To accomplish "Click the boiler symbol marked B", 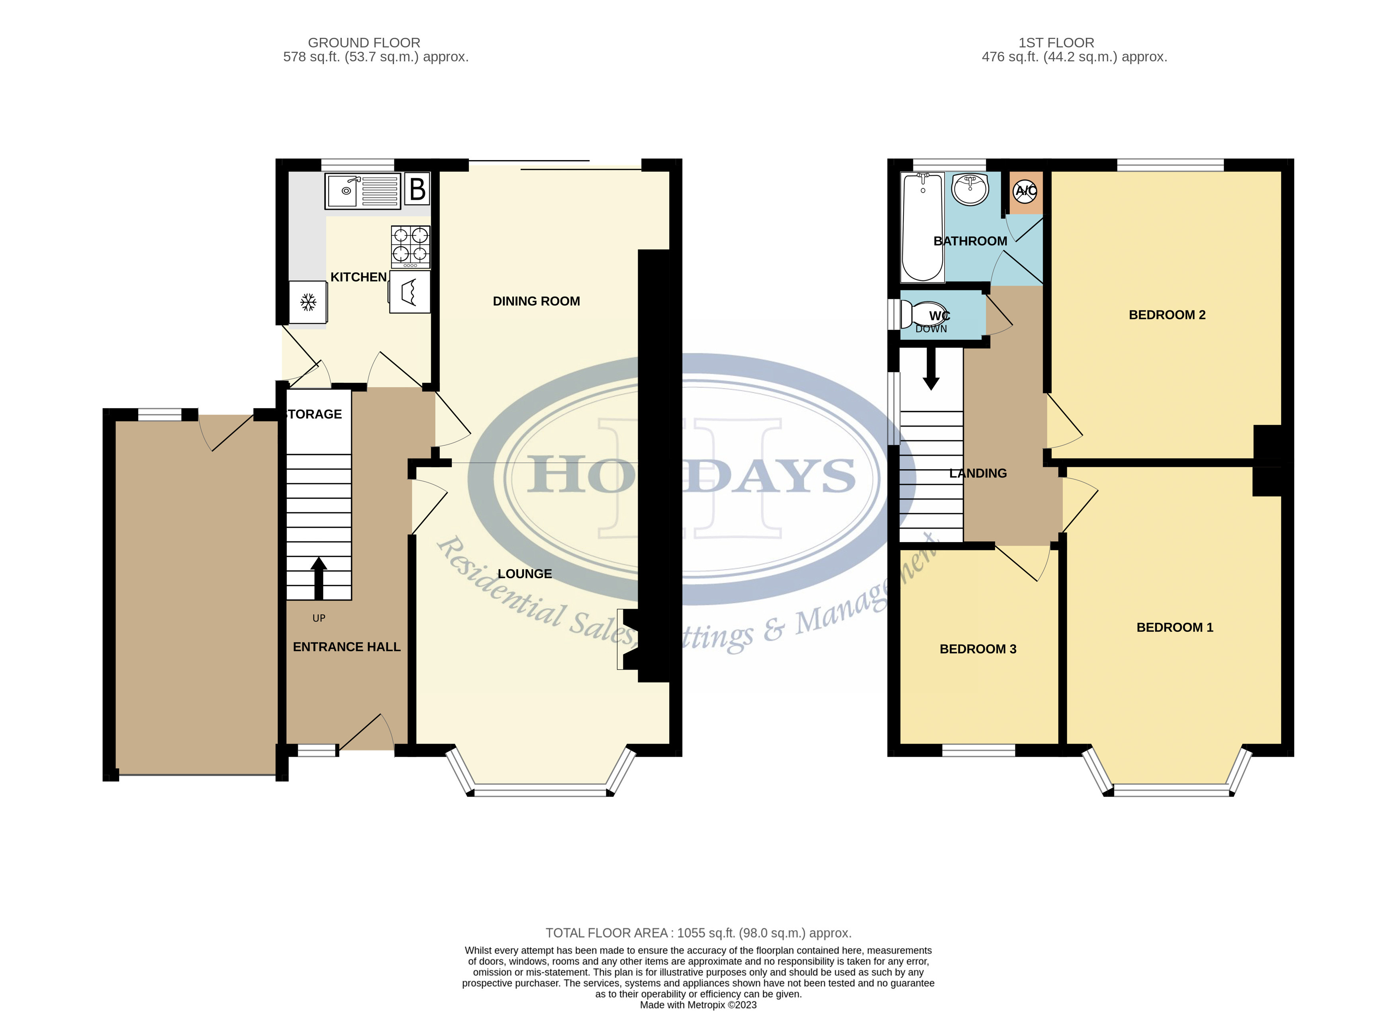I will tap(417, 189).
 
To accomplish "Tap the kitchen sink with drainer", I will tap(362, 191).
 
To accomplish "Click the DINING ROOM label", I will tap(536, 301).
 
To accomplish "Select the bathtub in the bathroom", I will tap(922, 227).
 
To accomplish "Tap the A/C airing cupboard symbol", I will tap(1026, 191).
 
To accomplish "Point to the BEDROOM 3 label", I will tap(978, 649).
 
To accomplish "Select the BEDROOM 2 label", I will tap(1167, 315).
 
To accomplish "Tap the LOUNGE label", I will tap(524, 574).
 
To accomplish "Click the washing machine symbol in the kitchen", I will tap(409, 292).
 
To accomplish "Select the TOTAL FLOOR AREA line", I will tap(698, 933).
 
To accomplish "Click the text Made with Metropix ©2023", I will tap(698, 1005).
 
